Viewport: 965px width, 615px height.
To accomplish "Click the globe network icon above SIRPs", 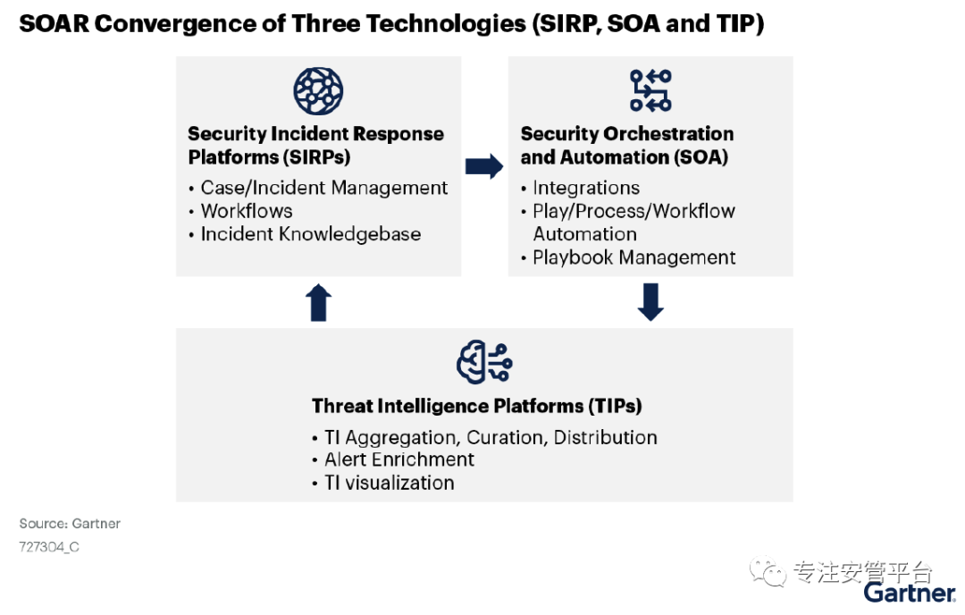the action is (318, 91).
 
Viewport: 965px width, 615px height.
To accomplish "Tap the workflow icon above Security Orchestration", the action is (650, 90).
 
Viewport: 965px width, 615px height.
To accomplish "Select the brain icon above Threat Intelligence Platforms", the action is (484, 362).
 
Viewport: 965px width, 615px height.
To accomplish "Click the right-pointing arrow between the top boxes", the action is (484, 166).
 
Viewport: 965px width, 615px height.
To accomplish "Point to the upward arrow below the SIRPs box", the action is (319, 302).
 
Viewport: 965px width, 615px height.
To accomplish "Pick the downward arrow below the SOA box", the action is (650, 301).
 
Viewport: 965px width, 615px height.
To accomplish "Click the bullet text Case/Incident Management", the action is (324, 188).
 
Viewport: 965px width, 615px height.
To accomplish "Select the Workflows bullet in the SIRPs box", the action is (247, 211).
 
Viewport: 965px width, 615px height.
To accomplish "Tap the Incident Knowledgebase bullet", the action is (311, 234).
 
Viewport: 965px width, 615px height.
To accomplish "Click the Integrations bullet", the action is (586, 188).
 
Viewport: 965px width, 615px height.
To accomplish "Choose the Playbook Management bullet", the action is (634, 257).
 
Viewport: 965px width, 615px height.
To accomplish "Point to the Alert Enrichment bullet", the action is (399, 459).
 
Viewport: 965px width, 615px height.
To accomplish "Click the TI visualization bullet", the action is (390, 484).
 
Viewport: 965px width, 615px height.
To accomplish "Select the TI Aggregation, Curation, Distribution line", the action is (491, 438).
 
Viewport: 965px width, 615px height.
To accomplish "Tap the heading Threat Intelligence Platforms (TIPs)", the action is (477, 407).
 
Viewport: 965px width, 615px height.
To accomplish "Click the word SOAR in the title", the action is (55, 24).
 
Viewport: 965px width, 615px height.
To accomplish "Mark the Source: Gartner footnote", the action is (70, 524).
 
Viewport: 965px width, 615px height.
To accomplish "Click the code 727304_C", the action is (49, 547).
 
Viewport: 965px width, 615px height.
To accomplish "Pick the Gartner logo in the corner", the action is (909, 593).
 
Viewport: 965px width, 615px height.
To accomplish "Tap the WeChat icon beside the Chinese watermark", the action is (768, 572).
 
